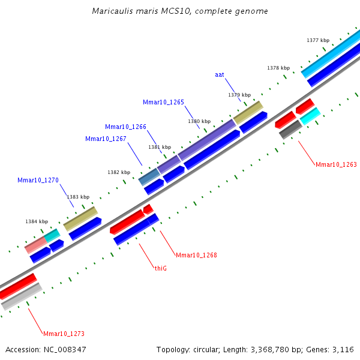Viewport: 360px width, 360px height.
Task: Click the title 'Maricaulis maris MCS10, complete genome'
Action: pyautogui.click(x=180, y=11)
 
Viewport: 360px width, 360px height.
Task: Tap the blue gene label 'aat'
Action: pyautogui.click(x=220, y=74)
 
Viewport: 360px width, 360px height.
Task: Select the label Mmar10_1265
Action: pyautogui.click(x=163, y=102)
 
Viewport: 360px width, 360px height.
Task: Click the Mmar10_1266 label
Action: pyautogui.click(x=125, y=127)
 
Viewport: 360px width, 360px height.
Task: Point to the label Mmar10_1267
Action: pyautogui.click(x=106, y=139)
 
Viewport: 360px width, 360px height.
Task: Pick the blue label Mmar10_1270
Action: pyautogui.click(x=38, y=180)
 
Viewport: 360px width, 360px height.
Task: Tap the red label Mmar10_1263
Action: pyautogui.click(x=336, y=164)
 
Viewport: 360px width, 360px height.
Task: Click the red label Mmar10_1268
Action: pyautogui.click(x=196, y=255)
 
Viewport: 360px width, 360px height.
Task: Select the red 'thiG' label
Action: pyautogui.click(x=161, y=268)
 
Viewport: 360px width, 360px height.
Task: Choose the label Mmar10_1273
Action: pyautogui.click(x=64, y=334)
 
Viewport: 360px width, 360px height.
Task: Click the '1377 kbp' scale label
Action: pyautogui.click(x=318, y=40)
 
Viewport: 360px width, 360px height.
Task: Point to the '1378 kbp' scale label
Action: pyautogui.click(x=278, y=68)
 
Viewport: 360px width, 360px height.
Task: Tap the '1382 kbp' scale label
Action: pyautogui.click(x=119, y=172)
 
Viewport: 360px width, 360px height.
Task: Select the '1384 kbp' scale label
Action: pyautogui.click(x=37, y=221)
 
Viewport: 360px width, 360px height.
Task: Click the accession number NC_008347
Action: pyautogui.click(x=65, y=350)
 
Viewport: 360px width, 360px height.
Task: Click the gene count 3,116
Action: pyautogui.click(x=343, y=350)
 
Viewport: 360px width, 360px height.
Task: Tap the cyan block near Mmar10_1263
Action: pyautogui.click(x=310, y=116)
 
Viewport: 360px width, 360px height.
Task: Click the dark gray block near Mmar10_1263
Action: pyautogui.click(x=290, y=130)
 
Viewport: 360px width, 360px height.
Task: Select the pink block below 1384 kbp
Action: pyautogui.click(x=36, y=245)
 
